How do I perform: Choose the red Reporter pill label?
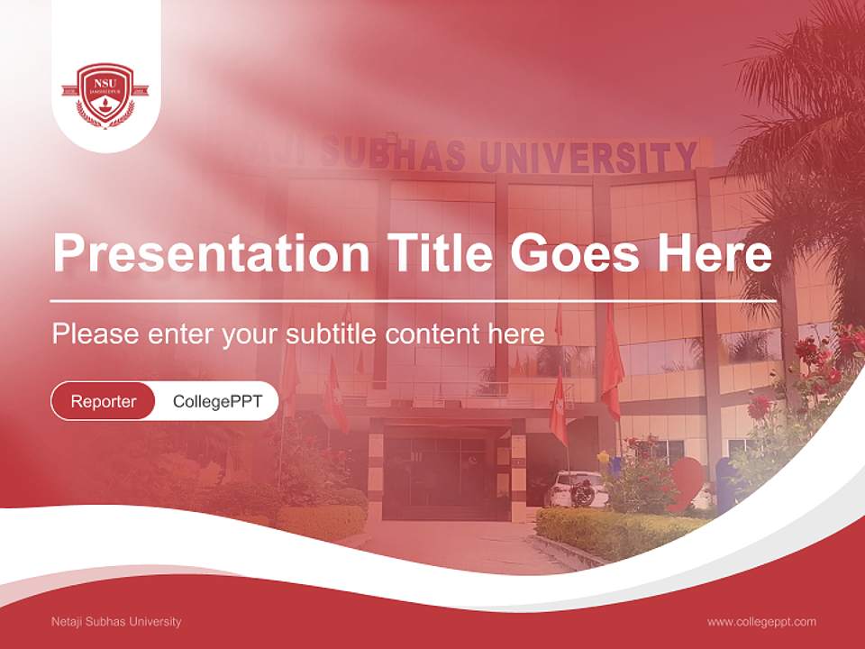click(104, 401)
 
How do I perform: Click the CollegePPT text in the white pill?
click(217, 401)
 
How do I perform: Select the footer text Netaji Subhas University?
click(117, 622)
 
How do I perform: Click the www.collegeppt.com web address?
click(761, 622)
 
